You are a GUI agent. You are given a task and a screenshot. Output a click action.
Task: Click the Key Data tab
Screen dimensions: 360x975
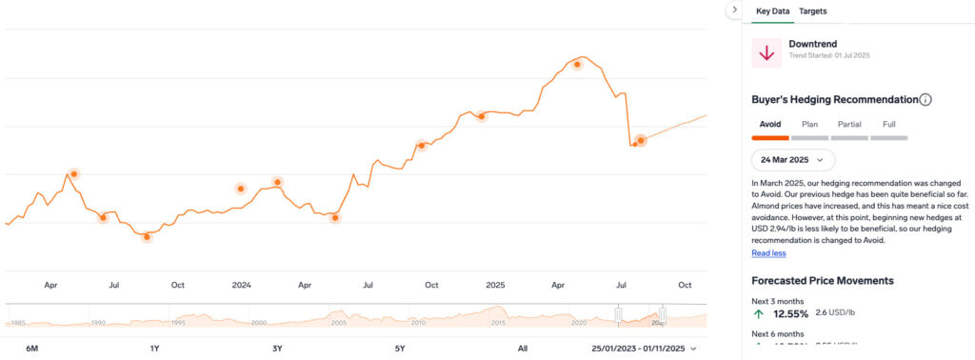pos(773,11)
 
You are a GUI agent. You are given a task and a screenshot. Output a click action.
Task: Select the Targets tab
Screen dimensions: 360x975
pos(813,11)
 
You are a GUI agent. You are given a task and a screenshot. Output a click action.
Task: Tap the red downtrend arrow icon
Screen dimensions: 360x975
pos(766,54)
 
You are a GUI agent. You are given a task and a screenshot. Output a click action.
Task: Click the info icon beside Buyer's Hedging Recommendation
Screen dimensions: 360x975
pos(925,100)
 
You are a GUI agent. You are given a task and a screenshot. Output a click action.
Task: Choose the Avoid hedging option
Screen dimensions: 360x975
pos(770,124)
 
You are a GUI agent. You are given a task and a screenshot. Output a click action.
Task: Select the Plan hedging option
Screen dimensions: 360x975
pos(809,124)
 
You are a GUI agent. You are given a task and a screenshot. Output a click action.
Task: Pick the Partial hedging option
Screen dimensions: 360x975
pos(849,124)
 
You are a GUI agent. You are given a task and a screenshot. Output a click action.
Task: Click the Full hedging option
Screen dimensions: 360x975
pos(888,124)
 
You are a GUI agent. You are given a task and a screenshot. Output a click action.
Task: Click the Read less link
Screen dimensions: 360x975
pos(768,253)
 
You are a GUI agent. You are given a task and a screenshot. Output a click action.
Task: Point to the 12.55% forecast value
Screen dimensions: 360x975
pos(790,313)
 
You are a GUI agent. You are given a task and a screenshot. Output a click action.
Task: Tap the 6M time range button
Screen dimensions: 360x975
pos(31,349)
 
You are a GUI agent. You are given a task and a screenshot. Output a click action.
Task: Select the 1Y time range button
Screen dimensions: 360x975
pos(154,349)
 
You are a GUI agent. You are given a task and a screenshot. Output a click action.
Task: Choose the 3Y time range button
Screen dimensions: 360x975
pos(277,349)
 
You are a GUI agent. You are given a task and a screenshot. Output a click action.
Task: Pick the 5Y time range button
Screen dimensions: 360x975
pos(400,349)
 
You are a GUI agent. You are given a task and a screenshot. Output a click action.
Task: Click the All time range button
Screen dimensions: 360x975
pos(523,349)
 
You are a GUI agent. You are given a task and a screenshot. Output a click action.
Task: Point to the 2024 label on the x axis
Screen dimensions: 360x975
pos(241,285)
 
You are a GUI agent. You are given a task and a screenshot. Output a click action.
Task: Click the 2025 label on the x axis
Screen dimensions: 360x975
pos(495,285)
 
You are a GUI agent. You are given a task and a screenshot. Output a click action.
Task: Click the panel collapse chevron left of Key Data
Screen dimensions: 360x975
pos(734,9)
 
